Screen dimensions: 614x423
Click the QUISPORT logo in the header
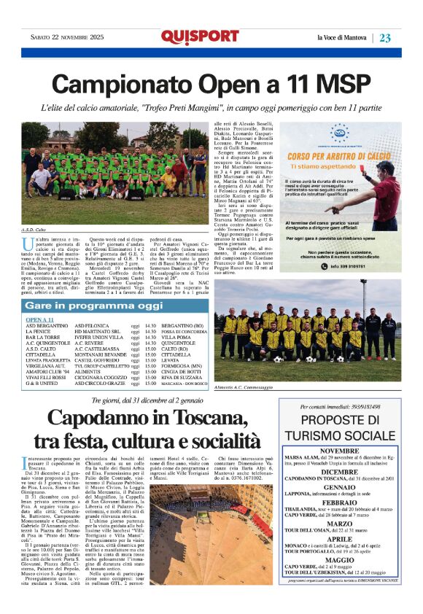(190, 37)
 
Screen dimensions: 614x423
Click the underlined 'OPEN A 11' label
(41, 320)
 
